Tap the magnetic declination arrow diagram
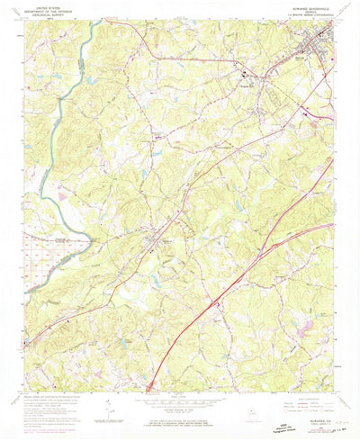[109, 409]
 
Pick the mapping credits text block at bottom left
[54, 405]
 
